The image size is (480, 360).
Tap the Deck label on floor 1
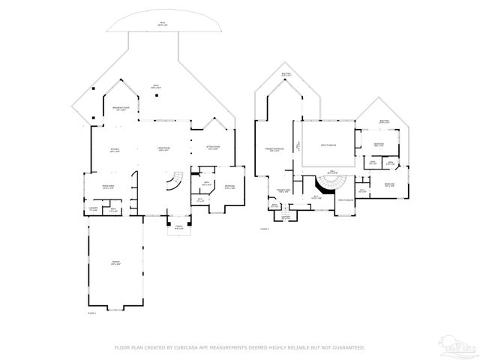coord(157,85)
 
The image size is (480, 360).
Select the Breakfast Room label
coord(120,109)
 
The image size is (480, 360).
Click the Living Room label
coord(164,148)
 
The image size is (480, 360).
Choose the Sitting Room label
coord(213,148)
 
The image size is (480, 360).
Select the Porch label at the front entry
coord(178,226)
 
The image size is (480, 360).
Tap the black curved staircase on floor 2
coord(328,184)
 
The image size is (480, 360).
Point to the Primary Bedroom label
coord(277,150)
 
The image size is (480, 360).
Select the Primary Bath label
coord(283,192)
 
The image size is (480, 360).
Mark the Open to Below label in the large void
coord(328,145)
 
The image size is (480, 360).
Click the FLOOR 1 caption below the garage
coord(92,313)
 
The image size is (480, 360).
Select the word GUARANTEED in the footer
coord(347,348)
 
